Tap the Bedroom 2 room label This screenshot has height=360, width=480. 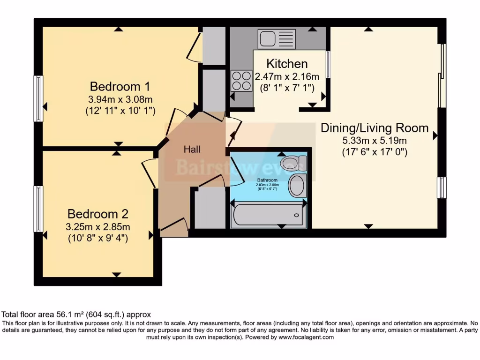tap(97, 214)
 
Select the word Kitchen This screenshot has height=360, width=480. tap(287, 64)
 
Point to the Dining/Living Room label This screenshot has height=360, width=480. tap(374, 128)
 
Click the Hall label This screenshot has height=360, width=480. tap(192, 150)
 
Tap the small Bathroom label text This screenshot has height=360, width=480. tap(267, 180)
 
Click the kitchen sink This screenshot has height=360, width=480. tap(276, 38)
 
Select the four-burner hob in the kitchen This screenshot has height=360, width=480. tap(241, 80)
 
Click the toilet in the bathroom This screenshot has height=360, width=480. tap(294, 163)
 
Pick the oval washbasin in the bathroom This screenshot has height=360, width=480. tap(297, 186)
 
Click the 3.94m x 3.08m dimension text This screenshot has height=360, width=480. tap(120, 99)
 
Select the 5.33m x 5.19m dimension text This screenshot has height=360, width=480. tap(374, 140)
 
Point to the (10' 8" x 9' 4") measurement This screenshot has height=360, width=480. tap(97, 238)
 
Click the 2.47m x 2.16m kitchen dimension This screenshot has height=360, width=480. tap(286, 76)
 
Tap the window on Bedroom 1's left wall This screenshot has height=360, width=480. tap(38, 98)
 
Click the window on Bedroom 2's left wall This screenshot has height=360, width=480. tap(38, 209)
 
